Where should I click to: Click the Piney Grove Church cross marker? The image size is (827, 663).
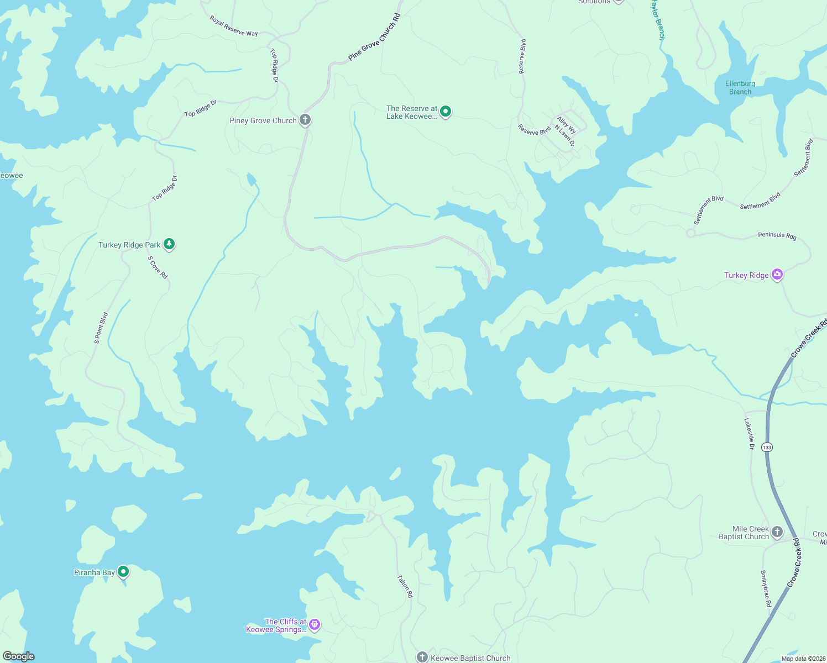[x=305, y=120]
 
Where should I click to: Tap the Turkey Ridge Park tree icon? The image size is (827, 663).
[x=169, y=244]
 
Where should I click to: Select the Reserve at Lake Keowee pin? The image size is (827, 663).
[x=446, y=112]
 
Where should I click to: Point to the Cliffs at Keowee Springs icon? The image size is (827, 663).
[x=315, y=625]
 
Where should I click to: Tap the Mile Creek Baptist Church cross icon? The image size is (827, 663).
[x=777, y=532]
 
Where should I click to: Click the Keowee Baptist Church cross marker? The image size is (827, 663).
[x=422, y=657]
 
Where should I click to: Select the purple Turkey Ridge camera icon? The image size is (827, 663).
[x=777, y=274]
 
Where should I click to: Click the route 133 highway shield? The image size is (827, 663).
[x=767, y=447]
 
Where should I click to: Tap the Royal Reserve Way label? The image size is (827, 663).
[x=234, y=26]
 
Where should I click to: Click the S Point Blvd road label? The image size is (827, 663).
[x=101, y=328]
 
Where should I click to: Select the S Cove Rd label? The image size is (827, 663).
[x=158, y=267]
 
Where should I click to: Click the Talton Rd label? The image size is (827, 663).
[x=405, y=586]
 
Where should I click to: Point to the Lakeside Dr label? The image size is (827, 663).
[x=749, y=433]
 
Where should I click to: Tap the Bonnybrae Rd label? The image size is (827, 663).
[x=766, y=588]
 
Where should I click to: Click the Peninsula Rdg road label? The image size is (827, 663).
[x=777, y=235]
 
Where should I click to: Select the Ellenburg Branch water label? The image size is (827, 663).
[x=740, y=88]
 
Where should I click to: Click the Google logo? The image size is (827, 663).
[x=19, y=656]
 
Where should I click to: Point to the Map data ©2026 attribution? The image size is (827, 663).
[x=802, y=659]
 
